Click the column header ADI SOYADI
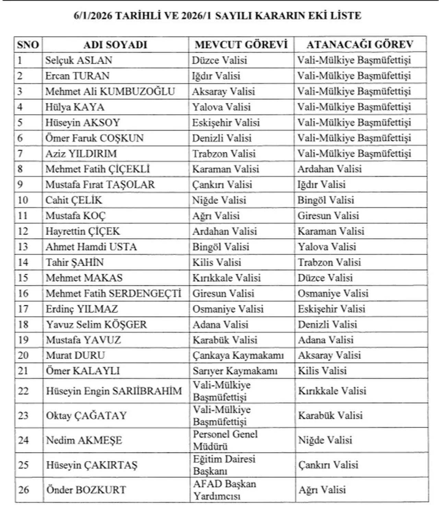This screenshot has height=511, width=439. pos(115,45)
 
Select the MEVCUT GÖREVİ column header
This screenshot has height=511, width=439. pos(241,45)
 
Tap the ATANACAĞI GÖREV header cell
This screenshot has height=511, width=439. pos(360,45)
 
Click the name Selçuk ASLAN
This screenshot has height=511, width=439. pos(79,60)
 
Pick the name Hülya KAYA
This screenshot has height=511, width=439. pos(75,107)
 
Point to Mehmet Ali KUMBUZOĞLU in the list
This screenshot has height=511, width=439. pos(110,92)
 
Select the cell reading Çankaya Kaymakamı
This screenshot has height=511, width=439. pos(238,355)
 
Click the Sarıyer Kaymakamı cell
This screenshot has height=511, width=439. pos(235,371)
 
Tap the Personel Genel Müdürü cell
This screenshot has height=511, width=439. pos(225,440)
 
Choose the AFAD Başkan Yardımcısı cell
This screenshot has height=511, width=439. pos(224,490)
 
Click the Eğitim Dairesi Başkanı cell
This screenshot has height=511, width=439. pos(224,465)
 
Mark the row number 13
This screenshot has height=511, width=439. pos(23,247)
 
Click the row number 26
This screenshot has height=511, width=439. pos(24,490)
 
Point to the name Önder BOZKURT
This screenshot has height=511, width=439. pos(86,490)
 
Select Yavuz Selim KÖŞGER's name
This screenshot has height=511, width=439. pos(96,324)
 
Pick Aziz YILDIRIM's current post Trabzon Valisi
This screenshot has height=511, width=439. pos(224,154)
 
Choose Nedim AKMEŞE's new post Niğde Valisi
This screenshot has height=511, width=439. pos(325,440)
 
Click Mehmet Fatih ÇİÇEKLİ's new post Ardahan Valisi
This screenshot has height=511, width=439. pos(329,169)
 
